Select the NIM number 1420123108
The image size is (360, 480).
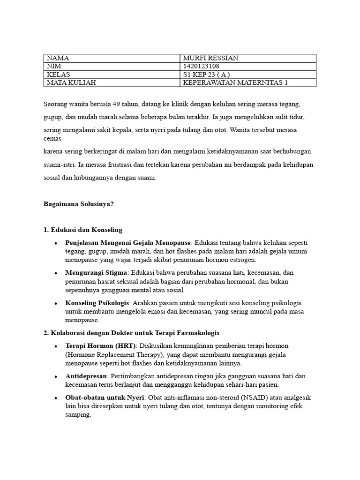click(x=201, y=66)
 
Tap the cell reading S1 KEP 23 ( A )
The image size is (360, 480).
click(x=207, y=75)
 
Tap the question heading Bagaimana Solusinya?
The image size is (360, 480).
click(x=78, y=204)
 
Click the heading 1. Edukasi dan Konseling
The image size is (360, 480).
click(x=83, y=230)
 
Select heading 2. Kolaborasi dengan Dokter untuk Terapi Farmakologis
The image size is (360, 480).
click(x=131, y=333)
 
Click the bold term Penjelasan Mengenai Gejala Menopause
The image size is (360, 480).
click(x=128, y=243)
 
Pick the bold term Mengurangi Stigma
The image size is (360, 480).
click(x=96, y=272)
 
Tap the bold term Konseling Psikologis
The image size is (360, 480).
click(x=96, y=303)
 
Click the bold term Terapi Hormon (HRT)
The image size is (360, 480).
click(x=100, y=345)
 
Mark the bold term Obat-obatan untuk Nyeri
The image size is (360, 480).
click(x=105, y=397)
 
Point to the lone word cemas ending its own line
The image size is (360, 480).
click(x=52, y=139)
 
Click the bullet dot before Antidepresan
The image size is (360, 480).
click(x=56, y=376)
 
